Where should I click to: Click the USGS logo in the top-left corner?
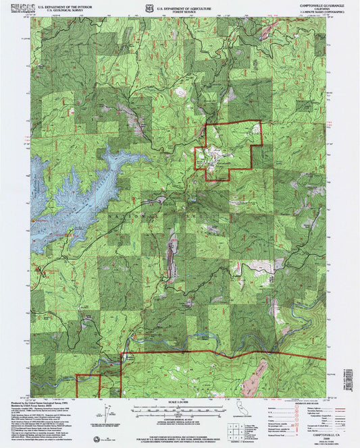[x=13, y=7]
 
